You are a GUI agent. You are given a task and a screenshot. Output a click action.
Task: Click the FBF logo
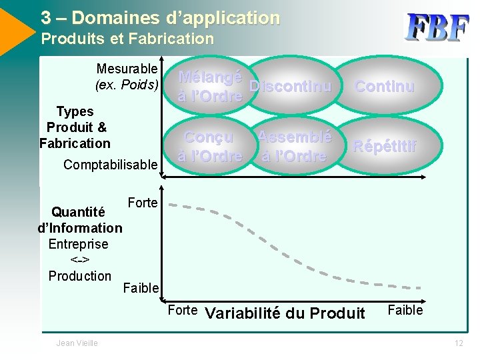tap(438, 29)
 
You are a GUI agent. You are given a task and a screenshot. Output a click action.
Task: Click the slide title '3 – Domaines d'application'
tap(160, 17)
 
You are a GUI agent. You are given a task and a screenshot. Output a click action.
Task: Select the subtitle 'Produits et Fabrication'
tap(127, 39)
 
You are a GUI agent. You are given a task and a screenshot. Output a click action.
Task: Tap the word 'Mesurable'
tap(127, 69)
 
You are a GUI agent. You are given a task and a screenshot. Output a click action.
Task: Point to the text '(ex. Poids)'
tap(127, 85)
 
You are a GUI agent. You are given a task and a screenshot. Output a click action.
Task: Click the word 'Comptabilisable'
tap(111, 164)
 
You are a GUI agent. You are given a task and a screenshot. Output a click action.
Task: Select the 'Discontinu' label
tap(290, 87)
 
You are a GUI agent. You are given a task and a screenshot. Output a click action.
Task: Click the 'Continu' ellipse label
tap(385, 87)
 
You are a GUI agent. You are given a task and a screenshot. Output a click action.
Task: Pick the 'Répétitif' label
tap(385, 146)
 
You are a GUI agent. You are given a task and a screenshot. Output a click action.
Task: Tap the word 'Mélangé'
tap(210, 77)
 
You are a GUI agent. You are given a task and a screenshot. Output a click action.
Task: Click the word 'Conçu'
tap(209, 137)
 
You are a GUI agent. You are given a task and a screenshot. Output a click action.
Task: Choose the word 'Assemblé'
tap(295, 137)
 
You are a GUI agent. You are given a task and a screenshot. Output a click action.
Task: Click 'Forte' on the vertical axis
tap(142, 203)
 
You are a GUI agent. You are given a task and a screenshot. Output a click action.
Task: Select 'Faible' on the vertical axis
tap(141, 288)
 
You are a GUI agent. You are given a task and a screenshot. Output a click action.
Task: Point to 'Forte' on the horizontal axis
tap(182, 310)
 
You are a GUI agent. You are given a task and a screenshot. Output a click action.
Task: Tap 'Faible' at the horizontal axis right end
tap(405, 310)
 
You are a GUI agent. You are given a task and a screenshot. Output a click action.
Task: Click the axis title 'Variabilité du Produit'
tap(285, 313)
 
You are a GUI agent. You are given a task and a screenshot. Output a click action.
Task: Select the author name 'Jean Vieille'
tap(77, 343)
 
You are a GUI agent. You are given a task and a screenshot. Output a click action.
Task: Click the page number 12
tap(459, 343)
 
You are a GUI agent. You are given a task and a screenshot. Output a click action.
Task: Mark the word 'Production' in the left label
tap(80, 276)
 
